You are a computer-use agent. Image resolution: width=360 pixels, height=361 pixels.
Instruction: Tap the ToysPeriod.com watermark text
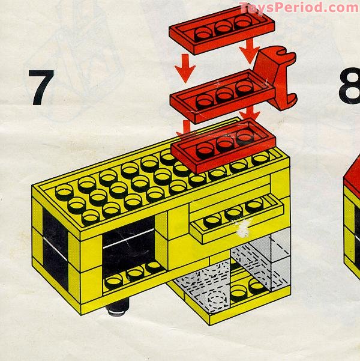[298, 8]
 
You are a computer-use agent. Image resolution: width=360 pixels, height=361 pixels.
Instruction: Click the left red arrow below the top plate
[185, 70]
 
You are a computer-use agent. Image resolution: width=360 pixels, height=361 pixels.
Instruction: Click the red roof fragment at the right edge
[352, 180]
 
